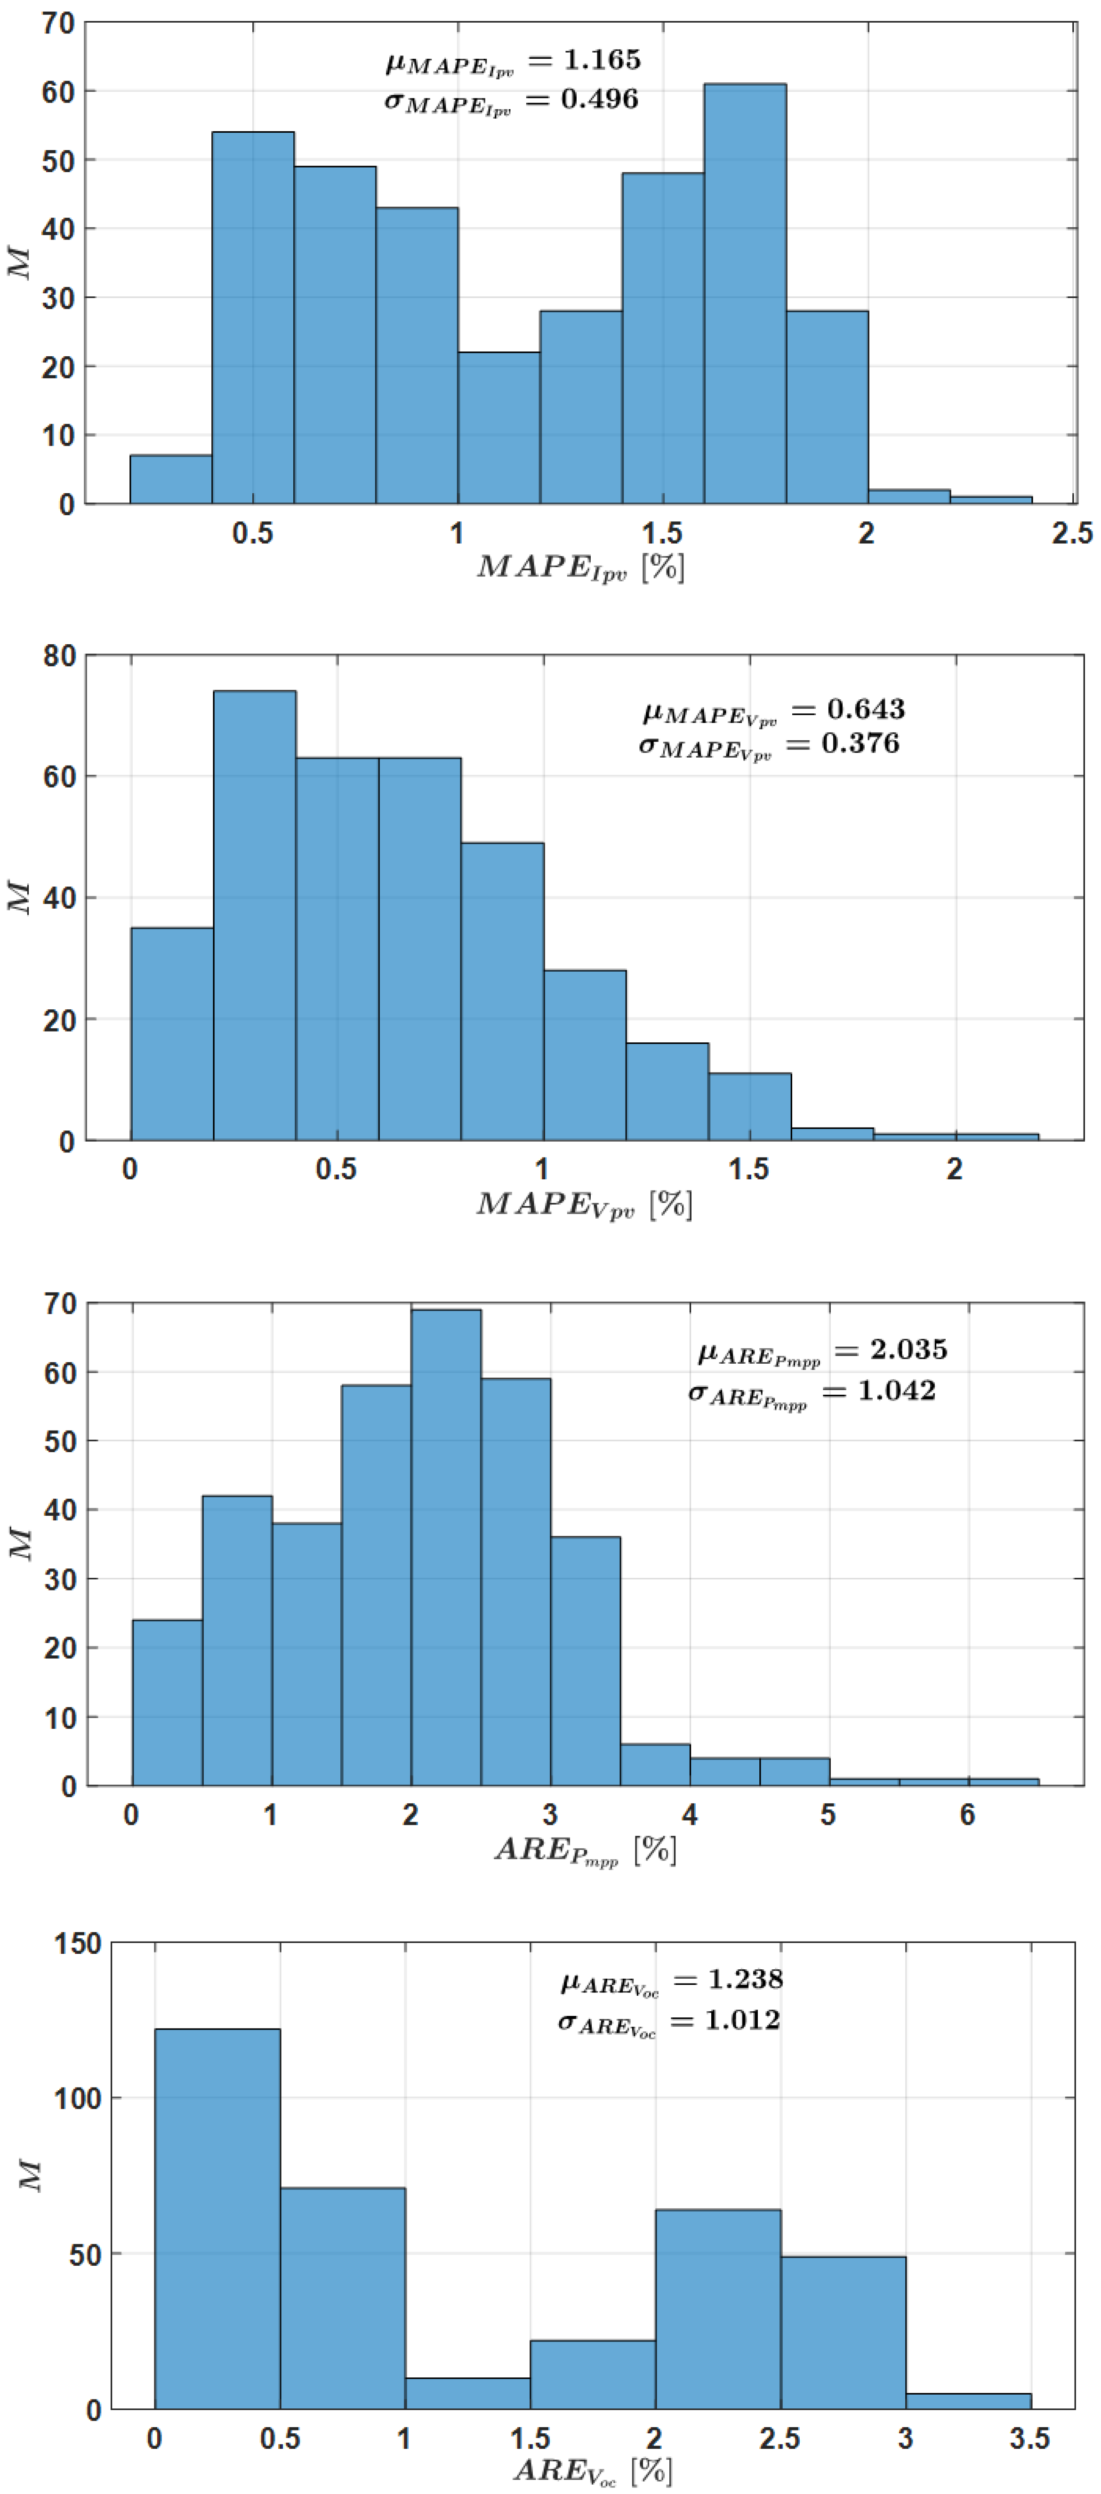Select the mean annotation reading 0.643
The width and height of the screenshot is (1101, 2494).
click(x=773, y=711)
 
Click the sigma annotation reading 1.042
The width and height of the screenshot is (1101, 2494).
click(x=812, y=1392)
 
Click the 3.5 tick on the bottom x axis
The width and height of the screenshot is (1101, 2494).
click(x=1029, y=2438)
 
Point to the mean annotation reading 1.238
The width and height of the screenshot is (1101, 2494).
click(x=671, y=1981)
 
